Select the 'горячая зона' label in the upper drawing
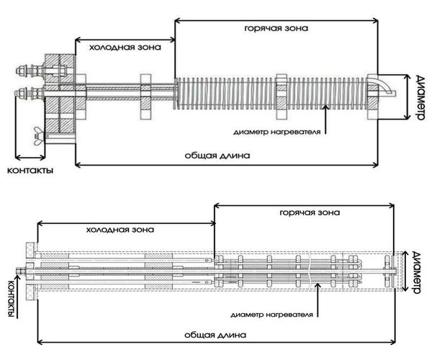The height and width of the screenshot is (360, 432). click(277, 29)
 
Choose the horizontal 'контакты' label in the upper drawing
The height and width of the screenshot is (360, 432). click(30, 171)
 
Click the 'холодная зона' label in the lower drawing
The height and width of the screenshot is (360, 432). click(119, 230)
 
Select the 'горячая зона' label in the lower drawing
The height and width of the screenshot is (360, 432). click(307, 213)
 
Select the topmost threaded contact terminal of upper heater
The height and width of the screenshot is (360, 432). click(27, 71)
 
